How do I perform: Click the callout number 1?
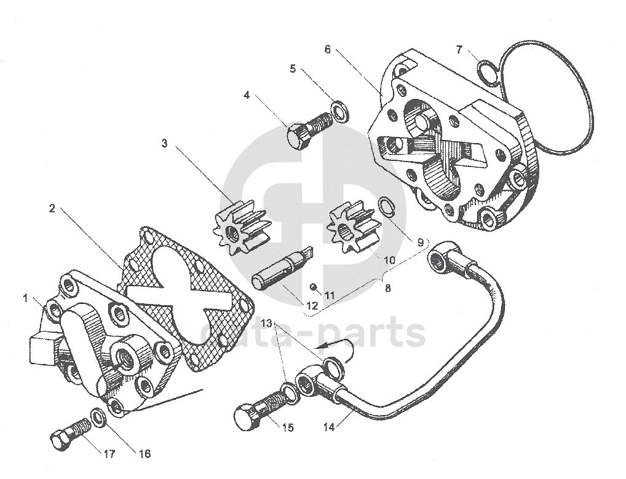[26, 298]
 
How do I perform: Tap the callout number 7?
[459, 49]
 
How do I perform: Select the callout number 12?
[312, 306]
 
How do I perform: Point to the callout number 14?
[330, 427]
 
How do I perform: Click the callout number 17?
[109, 454]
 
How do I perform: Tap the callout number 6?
[327, 49]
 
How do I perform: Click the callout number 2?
[52, 208]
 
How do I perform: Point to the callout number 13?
[266, 322]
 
